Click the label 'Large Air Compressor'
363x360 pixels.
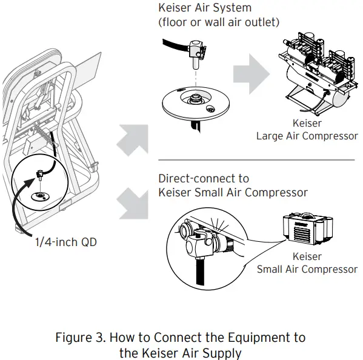click(x=307, y=136)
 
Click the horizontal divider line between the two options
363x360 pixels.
click(x=256, y=161)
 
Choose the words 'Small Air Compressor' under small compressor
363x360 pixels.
click(x=307, y=270)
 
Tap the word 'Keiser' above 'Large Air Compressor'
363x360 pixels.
click(x=307, y=124)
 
